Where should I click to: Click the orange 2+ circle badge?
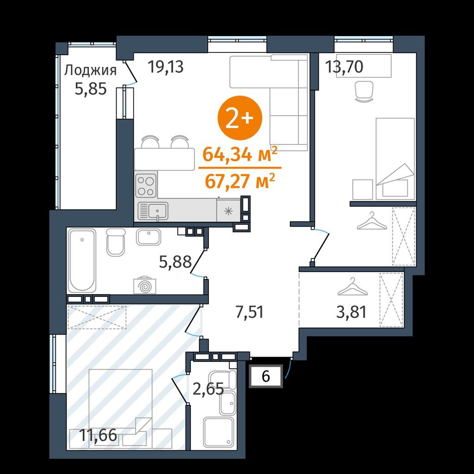tap(240, 118)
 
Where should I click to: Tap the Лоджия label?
tap(90, 71)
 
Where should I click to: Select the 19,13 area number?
tap(166, 67)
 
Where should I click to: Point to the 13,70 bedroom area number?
tap(344, 67)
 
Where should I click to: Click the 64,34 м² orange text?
tap(240, 154)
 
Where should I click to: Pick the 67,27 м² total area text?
tap(240, 181)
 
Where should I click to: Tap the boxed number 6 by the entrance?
tap(266, 377)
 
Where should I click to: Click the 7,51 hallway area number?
tap(249, 312)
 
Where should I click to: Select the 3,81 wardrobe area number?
tap(352, 312)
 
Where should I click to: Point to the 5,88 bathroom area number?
tap(175, 262)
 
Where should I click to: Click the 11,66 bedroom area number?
tap(98, 436)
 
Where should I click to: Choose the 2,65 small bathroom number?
tap(208, 389)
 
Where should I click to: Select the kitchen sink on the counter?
tap(153, 211)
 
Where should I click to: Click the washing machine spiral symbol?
tap(145, 285)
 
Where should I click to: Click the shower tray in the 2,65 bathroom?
tap(218, 432)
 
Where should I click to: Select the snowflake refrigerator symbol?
tap(229, 211)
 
